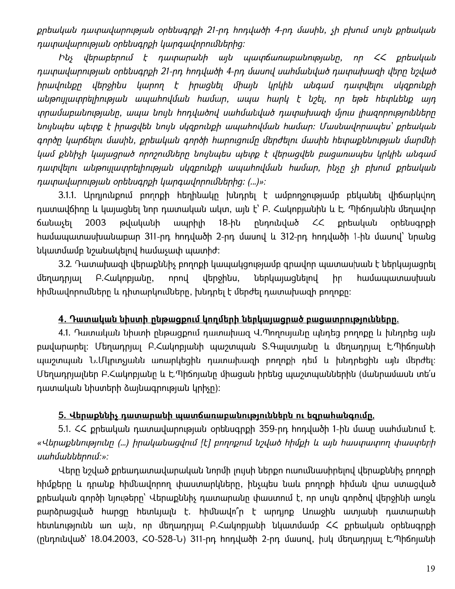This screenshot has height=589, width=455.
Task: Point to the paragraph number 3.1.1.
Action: [x=70, y=195]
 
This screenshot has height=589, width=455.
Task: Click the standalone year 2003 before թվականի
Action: [x=96, y=223]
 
